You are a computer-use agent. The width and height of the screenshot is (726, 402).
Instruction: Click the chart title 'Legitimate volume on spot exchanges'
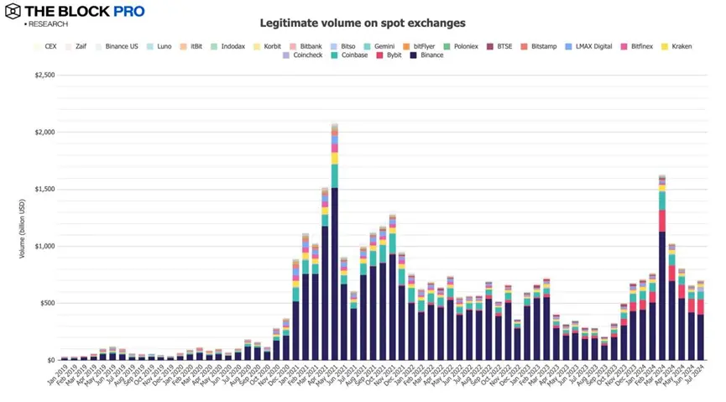[x=363, y=23]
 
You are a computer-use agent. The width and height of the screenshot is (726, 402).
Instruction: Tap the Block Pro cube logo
[x=13, y=13]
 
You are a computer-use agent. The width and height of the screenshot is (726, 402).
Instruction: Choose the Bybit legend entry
[x=390, y=55]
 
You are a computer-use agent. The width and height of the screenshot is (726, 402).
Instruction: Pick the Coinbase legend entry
[x=348, y=55]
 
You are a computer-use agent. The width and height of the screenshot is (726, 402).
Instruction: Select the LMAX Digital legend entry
[x=593, y=46]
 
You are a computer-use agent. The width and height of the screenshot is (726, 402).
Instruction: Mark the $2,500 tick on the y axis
[x=44, y=76]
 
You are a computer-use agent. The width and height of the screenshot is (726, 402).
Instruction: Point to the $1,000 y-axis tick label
[x=44, y=246]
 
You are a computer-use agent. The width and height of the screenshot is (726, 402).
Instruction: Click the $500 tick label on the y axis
[x=47, y=303]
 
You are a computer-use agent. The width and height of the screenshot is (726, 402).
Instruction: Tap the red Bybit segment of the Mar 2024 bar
[x=662, y=221]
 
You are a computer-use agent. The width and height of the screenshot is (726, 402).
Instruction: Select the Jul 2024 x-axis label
[x=694, y=376]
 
